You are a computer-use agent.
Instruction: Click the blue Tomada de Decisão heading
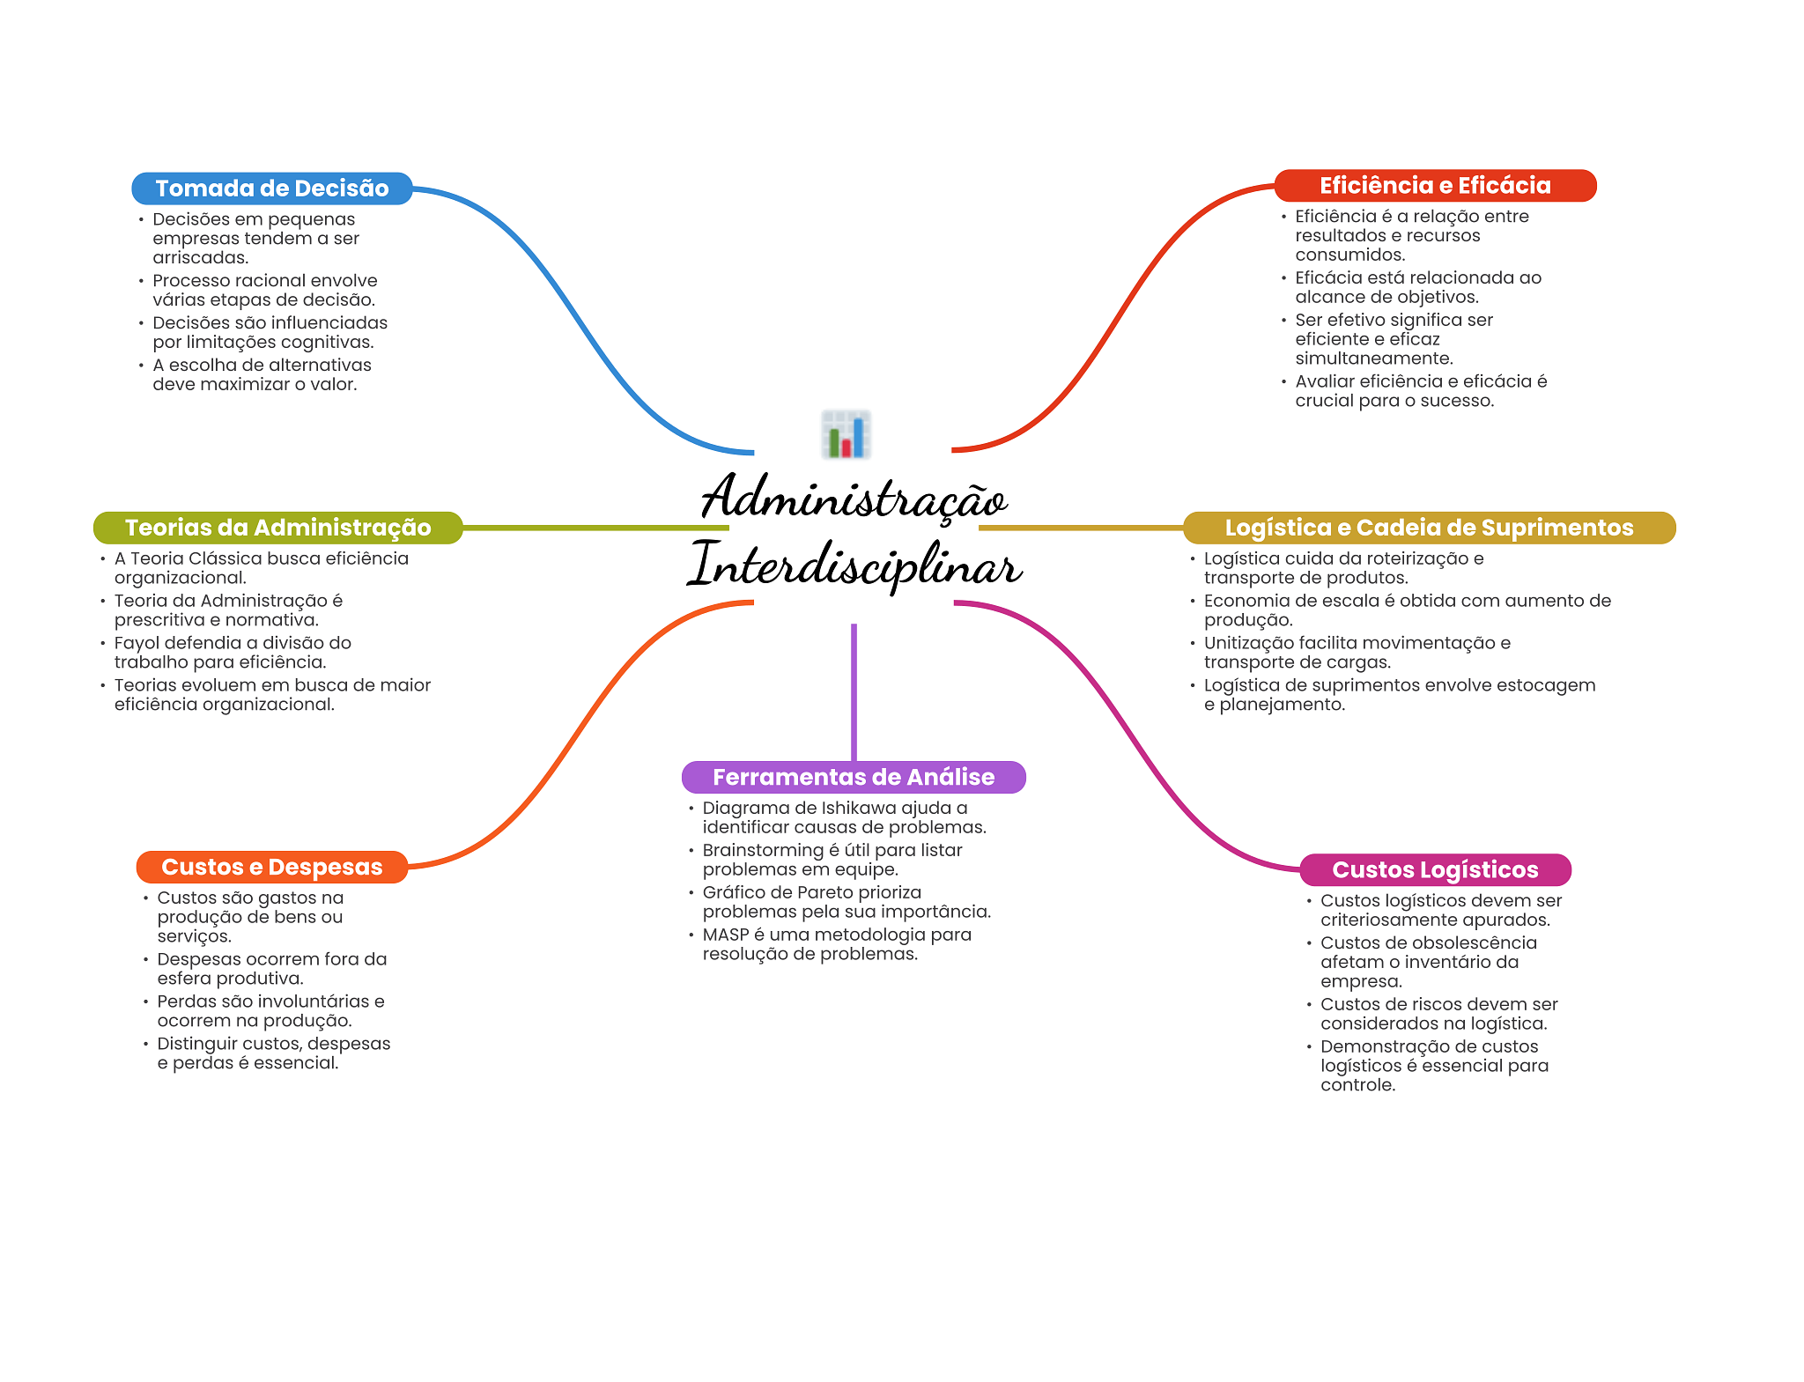click(271, 188)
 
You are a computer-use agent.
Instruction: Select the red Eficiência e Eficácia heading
click(1434, 186)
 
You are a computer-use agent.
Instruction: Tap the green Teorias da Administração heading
click(277, 528)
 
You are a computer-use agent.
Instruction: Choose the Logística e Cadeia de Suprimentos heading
click(1428, 528)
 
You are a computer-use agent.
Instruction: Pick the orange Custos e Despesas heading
click(271, 867)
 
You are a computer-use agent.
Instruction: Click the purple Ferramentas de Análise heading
click(853, 777)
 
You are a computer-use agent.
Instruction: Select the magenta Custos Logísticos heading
click(1434, 869)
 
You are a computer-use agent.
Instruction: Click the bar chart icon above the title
click(846, 434)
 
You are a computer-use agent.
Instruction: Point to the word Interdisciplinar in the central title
click(854, 565)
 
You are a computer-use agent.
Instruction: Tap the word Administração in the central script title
click(854, 498)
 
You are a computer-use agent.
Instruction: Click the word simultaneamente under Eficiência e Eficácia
click(1373, 358)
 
